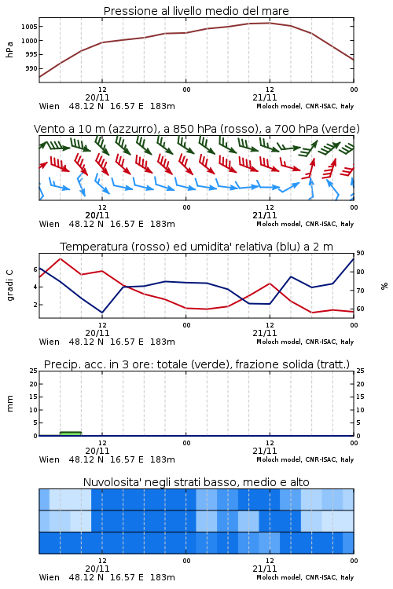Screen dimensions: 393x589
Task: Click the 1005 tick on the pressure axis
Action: click(29, 27)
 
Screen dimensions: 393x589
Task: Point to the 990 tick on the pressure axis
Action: click(31, 68)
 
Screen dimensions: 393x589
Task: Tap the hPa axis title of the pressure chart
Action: click(9, 49)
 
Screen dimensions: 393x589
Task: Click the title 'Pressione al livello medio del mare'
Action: click(196, 11)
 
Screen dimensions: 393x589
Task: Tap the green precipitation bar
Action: click(71, 434)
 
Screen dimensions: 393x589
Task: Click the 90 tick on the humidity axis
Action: click(360, 253)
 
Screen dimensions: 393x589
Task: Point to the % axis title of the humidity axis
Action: click(384, 286)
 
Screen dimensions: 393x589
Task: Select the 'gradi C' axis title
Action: click(9, 285)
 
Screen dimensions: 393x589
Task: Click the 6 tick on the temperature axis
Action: click(35, 269)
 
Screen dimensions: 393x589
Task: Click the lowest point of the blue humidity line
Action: click(102, 313)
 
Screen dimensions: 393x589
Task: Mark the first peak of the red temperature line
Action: click(61, 258)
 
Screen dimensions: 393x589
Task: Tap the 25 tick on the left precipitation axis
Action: click(34, 371)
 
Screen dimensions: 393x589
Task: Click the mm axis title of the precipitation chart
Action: click(9, 404)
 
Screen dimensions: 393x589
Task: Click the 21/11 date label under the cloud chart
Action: click(265, 569)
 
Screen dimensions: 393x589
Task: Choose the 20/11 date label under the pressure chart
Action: click(97, 97)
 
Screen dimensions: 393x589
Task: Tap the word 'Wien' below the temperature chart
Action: click(50, 342)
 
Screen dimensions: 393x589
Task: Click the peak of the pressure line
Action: click(270, 23)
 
